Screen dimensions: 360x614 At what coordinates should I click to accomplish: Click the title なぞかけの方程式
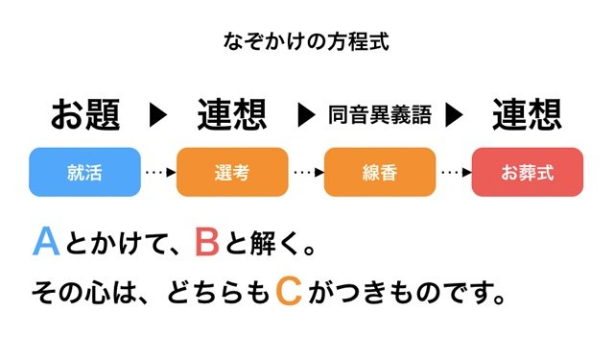[x=306, y=41]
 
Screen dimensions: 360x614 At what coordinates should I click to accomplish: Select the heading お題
[x=85, y=115]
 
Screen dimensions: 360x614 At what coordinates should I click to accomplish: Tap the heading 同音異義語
[x=380, y=116]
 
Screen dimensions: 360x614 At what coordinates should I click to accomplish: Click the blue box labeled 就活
[x=85, y=173]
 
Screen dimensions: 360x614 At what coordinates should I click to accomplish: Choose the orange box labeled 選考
[x=233, y=173]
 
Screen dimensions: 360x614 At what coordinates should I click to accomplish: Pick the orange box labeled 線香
[x=380, y=173]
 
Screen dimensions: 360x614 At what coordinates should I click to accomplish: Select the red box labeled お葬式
[x=528, y=173]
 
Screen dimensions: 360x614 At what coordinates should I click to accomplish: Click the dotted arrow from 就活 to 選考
[x=159, y=173]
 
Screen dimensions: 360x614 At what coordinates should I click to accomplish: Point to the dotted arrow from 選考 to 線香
[x=306, y=173]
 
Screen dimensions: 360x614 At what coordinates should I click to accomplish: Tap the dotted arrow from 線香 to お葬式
[x=454, y=173]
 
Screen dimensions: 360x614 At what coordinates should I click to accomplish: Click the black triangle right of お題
[x=159, y=116]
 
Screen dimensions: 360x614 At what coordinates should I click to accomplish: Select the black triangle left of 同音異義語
[x=307, y=116]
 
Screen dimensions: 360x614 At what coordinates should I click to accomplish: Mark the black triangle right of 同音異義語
[x=454, y=116]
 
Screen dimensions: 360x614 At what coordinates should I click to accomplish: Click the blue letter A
[x=46, y=242]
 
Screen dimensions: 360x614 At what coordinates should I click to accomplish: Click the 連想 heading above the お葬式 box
[x=528, y=115]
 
